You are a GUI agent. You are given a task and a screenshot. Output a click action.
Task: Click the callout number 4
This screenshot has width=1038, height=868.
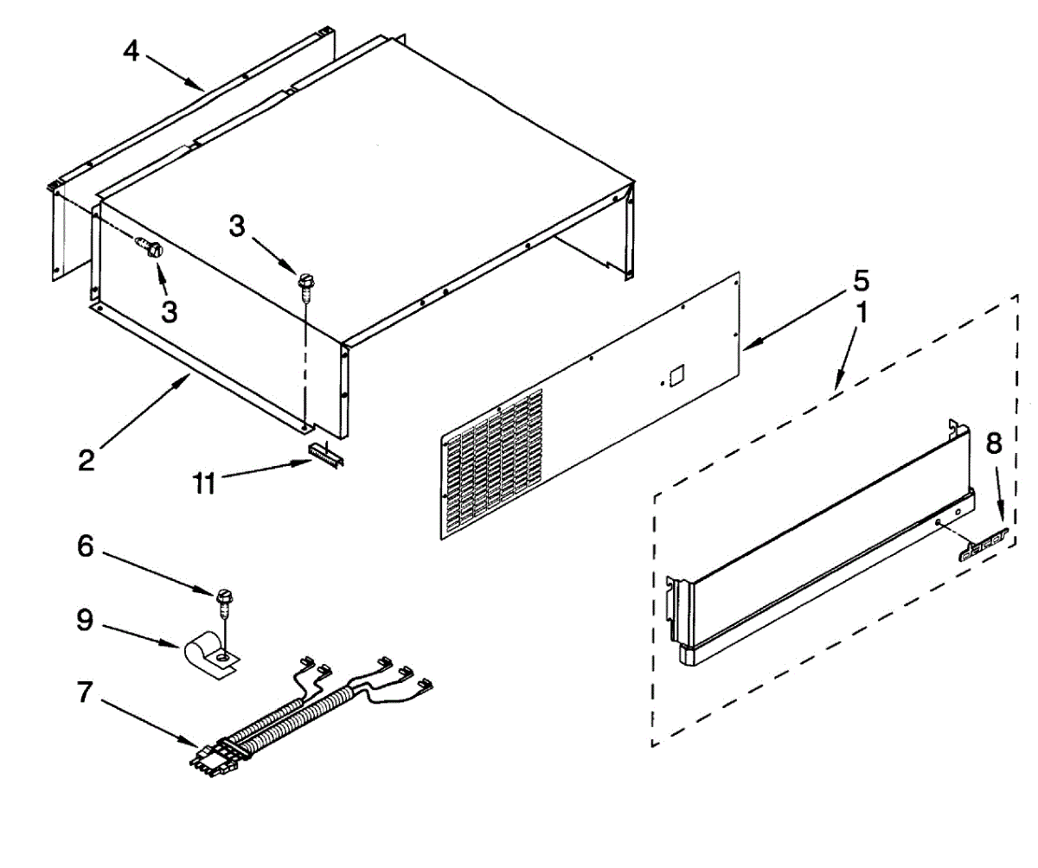(x=131, y=51)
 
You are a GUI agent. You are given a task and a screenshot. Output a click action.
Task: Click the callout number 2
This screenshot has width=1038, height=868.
(x=86, y=460)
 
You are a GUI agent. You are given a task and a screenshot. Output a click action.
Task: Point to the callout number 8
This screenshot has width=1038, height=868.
(x=994, y=444)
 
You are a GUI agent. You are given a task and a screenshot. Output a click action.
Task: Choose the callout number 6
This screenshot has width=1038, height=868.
(x=86, y=549)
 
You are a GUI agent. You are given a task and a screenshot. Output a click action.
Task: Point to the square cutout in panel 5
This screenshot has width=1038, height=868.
(x=676, y=373)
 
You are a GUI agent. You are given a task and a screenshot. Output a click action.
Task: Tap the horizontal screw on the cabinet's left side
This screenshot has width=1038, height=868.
(x=152, y=249)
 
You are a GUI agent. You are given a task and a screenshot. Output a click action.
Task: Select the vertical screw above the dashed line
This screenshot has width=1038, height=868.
(x=304, y=284)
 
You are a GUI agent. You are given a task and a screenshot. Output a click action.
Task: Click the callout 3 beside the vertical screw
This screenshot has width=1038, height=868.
(x=237, y=227)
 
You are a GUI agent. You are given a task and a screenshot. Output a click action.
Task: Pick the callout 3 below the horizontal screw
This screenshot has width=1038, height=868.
(x=170, y=311)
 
